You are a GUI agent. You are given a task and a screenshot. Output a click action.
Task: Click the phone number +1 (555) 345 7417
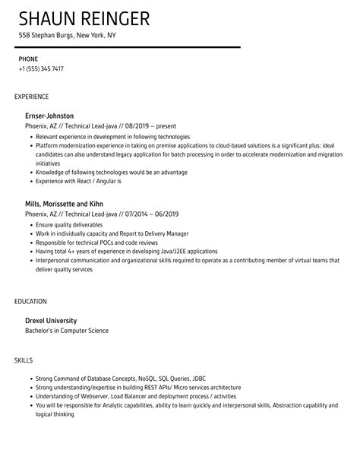pyautogui.click(x=41, y=68)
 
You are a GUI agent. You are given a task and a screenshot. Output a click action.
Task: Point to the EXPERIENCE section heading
pyautogui.click(x=31, y=97)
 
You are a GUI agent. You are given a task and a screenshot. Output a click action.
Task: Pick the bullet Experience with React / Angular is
pyautogui.click(x=78, y=182)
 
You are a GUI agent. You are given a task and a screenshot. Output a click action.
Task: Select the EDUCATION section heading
pyautogui.click(x=30, y=301)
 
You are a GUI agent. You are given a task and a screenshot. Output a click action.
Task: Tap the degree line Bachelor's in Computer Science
pyautogui.click(x=67, y=331)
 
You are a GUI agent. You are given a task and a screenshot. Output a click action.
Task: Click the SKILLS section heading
pyautogui.click(x=24, y=358)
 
